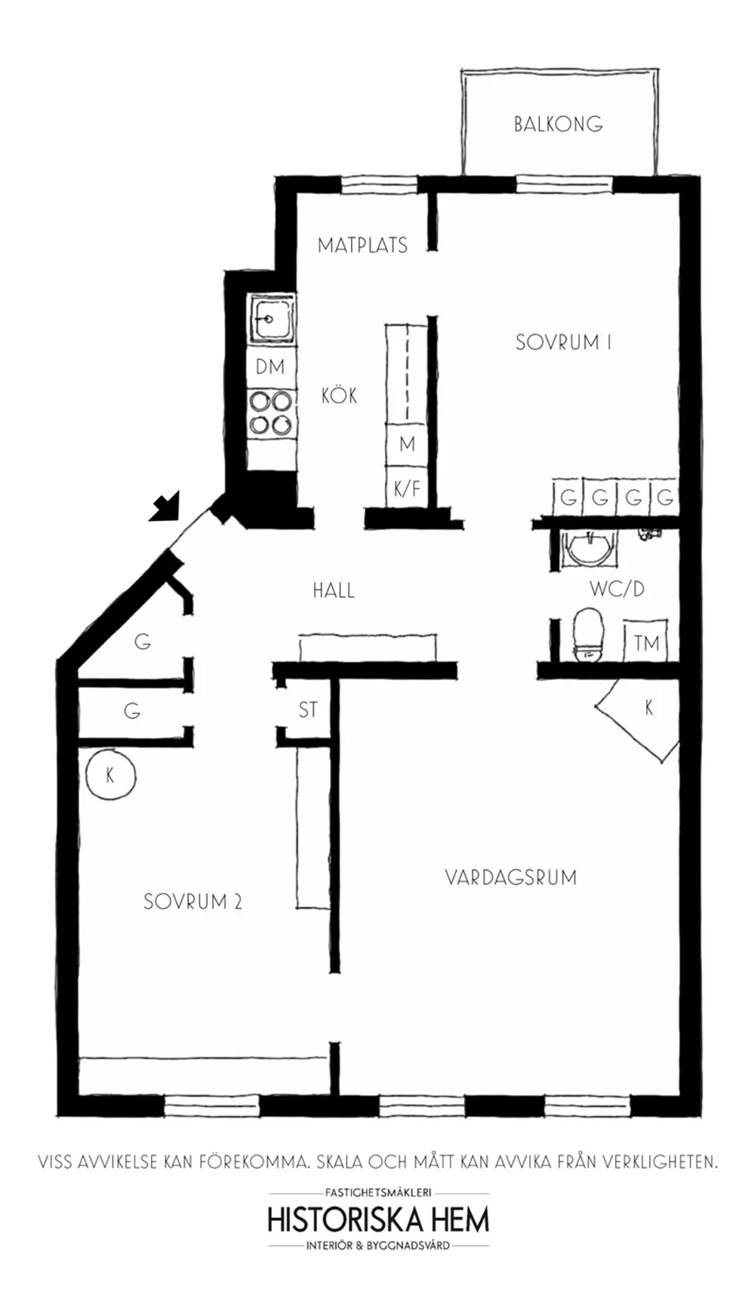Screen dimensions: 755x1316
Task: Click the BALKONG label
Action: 558,124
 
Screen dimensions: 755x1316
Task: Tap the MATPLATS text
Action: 362,245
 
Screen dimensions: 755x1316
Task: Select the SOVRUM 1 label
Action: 563,342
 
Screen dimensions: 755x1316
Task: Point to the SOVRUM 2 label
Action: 193,901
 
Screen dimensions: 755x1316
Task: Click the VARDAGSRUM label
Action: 510,877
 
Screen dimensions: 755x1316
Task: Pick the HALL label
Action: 334,590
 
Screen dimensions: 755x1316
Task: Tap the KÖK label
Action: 339,394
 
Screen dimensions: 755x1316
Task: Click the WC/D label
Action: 618,589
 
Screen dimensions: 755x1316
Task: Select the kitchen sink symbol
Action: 271,319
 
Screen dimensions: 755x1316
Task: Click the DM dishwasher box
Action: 270,367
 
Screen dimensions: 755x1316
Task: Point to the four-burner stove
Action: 271,413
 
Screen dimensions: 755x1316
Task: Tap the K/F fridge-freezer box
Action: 407,488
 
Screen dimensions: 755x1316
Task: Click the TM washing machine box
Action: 646,643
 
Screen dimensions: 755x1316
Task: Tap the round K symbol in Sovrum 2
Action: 110,775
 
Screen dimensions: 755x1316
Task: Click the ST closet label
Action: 308,710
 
